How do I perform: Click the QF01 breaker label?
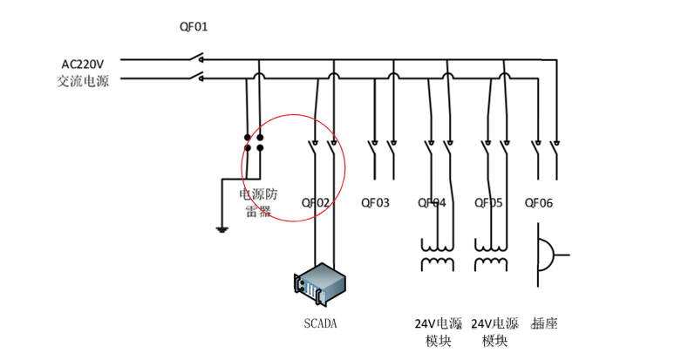pyautogui.click(x=194, y=27)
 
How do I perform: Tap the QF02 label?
pyautogui.click(x=316, y=203)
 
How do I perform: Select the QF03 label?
pyautogui.click(x=375, y=203)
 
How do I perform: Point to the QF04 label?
pyautogui.click(x=432, y=203)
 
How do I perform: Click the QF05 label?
pyautogui.click(x=488, y=203)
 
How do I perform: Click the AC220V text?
pyautogui.click(x=82, y=65)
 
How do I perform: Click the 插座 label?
pyautogui.click(x=544, y=323)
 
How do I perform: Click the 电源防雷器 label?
pyautogui.click(x=258, y=202)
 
